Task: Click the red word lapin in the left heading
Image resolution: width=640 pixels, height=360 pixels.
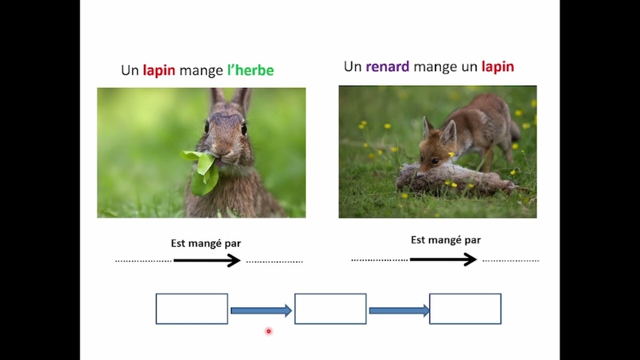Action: tap(159, 70)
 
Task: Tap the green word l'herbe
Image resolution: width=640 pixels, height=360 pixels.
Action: tap(250, 70)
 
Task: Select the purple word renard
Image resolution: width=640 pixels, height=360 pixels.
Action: tap(387, 66)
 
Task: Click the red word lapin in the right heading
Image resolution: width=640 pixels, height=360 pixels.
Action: tap(497, 66)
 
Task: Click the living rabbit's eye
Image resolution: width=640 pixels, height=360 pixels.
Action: tap(244, 129)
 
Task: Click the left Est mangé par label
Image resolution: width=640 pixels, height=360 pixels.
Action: tap(206, 243)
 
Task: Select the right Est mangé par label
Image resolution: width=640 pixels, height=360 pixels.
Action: tap(445, 240)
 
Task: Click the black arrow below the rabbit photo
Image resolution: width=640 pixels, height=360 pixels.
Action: tap(207, 260)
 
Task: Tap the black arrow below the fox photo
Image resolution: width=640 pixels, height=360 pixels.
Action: tap(443, 259)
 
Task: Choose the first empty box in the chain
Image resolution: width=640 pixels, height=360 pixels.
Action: tap(192, 308)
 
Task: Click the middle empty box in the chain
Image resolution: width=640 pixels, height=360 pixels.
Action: tap(330, 308)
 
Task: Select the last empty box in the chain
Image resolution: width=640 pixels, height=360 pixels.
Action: tap(465, 308)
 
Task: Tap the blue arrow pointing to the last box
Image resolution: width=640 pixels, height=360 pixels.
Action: tap(398, 310)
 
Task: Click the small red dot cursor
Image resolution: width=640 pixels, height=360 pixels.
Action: tap(268, 331)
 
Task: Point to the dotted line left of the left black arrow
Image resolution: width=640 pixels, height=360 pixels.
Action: tap(143, 261)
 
